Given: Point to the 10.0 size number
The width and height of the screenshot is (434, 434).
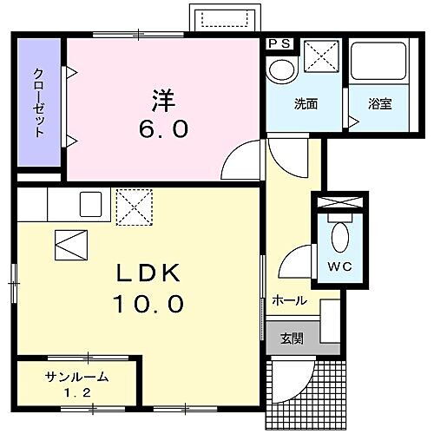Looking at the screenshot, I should pos(148,304).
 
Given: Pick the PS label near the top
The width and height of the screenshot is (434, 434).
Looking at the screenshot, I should pos(279,43).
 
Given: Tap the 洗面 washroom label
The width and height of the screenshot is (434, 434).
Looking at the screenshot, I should pos(306,104).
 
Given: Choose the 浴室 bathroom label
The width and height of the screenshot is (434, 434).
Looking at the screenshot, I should pos(380,104).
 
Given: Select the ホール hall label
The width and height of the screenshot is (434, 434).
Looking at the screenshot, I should pos(289,300).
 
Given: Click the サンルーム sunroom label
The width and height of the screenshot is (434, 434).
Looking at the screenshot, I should pos(78,376).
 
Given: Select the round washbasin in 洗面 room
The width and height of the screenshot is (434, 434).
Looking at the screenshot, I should pos(280,70).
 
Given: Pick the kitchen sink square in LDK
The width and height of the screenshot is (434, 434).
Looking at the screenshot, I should pos(91,205).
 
